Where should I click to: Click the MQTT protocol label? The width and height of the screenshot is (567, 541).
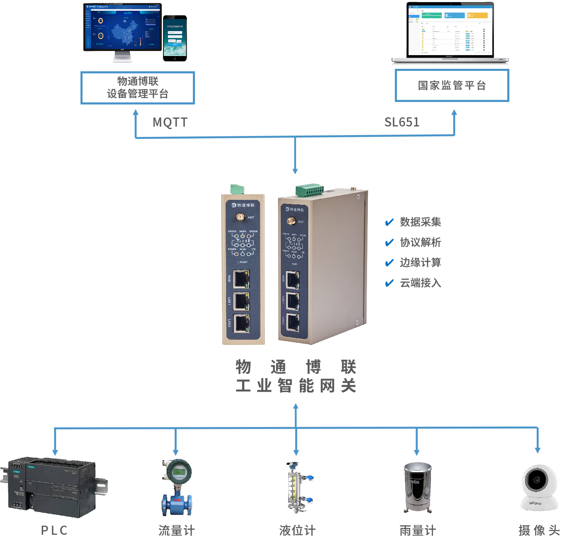pos(170,122)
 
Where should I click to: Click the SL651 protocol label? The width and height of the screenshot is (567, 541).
pos(402,122)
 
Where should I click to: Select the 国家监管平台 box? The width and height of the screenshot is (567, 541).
pos(452,85)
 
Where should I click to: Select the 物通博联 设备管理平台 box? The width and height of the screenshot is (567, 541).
pos(137,87)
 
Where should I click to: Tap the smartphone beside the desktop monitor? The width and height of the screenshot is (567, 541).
pos(175,38)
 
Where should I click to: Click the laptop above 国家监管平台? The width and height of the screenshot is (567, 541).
pos(450,33)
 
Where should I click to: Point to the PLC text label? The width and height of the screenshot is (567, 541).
pos(54,530)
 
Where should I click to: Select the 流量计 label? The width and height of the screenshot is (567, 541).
pos(177,530)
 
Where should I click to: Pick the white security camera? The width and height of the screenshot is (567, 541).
pos(539,487)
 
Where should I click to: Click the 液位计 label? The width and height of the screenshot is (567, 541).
pos(297,530)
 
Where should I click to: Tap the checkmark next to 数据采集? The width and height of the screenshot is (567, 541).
pos(389,223)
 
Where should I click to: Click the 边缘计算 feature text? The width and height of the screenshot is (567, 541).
pos(420,262)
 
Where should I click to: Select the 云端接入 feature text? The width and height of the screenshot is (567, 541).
pos(420,283)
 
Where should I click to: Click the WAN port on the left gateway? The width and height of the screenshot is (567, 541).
pos(241,279)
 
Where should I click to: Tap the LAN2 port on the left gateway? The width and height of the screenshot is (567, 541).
pos(241,323)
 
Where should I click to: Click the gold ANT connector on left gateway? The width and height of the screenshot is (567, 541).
pos(240,217)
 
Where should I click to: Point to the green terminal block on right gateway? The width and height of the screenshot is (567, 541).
pos(309,190)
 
